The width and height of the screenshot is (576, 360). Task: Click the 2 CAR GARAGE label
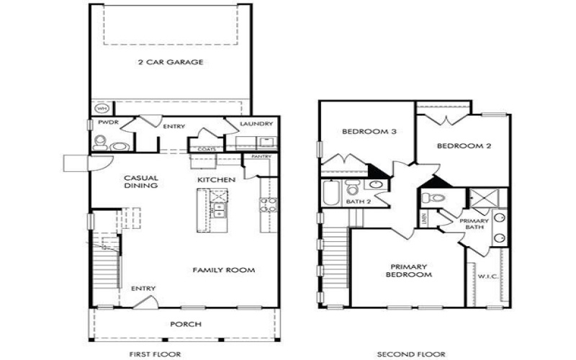pos(170,63)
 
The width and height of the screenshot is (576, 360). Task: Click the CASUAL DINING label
pos(140,181)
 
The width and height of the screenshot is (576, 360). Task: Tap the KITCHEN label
pos(215,178)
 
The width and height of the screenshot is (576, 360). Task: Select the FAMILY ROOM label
pos(224,270)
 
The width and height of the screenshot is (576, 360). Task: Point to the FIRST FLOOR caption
pos(155,354)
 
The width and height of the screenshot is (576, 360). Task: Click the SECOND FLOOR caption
pos(410,354)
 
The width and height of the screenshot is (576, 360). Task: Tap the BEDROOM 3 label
pos(366,132)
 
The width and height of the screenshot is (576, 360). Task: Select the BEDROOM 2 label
pos(464,146)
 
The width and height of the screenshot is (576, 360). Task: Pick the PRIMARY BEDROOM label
pos(408,270)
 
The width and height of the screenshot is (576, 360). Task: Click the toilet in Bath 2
pos(353,188)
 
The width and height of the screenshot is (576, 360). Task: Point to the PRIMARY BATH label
pos(471,224)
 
